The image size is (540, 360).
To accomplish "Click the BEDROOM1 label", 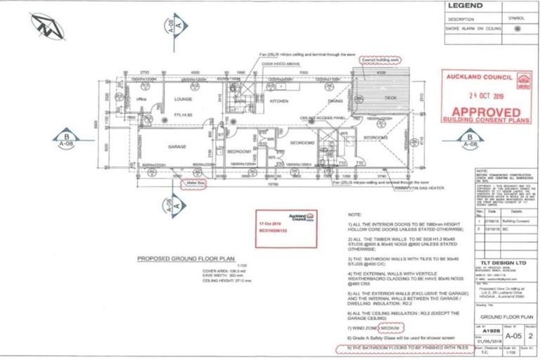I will tap(240, 152).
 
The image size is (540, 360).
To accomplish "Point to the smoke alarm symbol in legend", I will tap(517, 29).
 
